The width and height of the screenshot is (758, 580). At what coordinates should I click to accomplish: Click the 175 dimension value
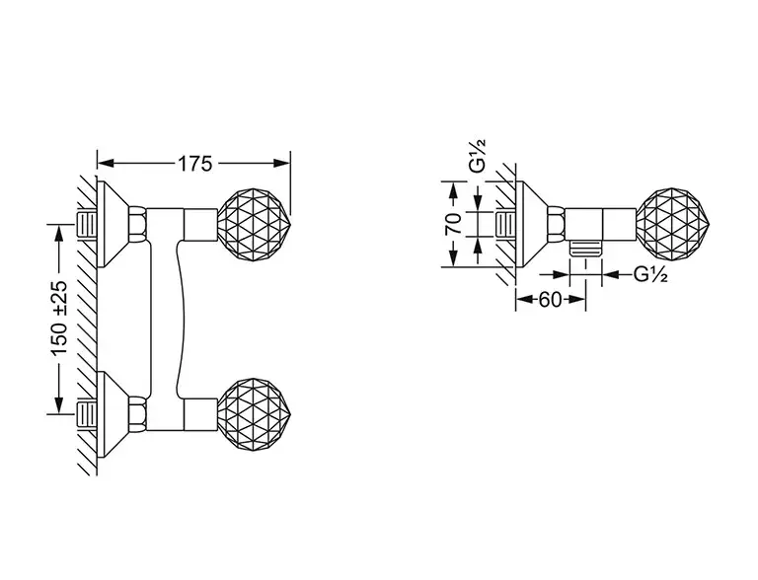point(195,164)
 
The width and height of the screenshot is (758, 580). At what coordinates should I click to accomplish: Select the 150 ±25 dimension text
point(59,318)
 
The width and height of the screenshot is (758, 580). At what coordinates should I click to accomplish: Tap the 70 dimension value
point(453,223)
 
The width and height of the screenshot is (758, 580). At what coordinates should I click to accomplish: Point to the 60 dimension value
point(550,300)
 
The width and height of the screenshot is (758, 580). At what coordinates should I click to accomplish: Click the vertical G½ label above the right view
point(478,156)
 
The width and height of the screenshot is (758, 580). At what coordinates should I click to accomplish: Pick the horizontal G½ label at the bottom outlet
point(650,274)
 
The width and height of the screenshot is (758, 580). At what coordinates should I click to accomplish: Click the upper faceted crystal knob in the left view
point(255,225)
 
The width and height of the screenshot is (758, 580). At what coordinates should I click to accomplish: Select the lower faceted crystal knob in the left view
point(255,415)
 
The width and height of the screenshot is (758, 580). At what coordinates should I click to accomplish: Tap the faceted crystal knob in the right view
point(674,225)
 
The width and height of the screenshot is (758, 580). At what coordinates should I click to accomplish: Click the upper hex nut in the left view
point(137,224)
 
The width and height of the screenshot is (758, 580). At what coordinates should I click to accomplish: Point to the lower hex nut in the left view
point(137,414)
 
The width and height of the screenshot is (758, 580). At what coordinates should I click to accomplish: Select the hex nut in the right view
point(556,224)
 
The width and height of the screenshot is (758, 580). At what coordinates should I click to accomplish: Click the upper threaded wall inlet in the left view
point(88,224)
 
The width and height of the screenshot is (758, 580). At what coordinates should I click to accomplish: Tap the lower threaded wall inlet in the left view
point(88,414)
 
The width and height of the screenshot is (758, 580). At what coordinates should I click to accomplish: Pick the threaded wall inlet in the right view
point(506,224)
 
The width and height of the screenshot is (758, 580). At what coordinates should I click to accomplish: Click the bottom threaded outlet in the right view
point(586,249)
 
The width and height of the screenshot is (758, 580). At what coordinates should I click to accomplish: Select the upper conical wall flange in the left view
point(113,224)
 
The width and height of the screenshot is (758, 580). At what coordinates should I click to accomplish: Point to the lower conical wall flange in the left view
point(113,414)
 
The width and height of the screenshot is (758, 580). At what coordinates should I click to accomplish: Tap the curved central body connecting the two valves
point(166,319)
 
